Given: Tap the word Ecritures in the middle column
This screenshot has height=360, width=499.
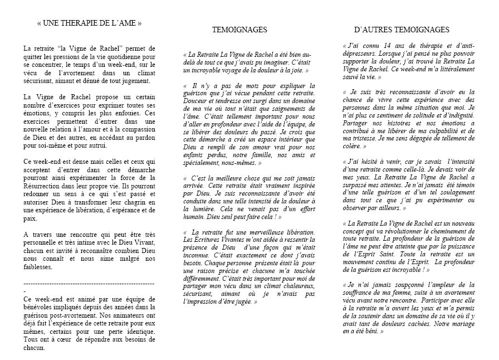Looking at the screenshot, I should pyautogui.click(x=209, y=240).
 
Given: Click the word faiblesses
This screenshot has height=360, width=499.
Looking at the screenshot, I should pyautogui.click(x=41, y=267).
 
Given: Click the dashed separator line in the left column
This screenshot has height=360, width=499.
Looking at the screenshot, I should pyautogui.click(x=89, y=284).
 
